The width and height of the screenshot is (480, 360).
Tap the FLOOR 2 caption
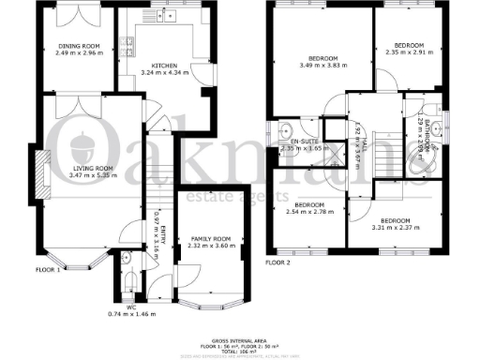tap(278, 263)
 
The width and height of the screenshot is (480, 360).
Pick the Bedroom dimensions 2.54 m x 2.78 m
tap(308, 212)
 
